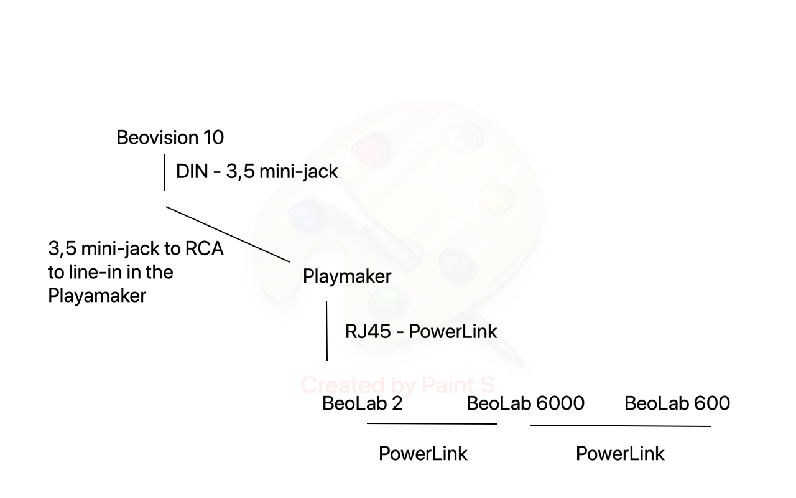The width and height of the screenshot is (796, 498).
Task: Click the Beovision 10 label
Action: click(170, 138)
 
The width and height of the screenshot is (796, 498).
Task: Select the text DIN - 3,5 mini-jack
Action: click(257, 171)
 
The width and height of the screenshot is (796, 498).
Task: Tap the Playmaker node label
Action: click(347, 276)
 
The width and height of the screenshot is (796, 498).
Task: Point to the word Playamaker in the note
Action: click(97, 295)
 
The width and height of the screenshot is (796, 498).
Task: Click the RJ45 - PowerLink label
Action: click(421, 332)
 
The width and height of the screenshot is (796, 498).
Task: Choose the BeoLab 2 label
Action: click(363, 403)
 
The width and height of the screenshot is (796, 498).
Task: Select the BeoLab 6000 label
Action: click(525, 403)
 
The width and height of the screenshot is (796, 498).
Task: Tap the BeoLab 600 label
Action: click(677, 403)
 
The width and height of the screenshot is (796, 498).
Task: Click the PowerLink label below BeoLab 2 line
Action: click(423, 454)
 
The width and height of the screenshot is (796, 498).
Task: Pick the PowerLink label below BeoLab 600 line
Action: click(620, 454)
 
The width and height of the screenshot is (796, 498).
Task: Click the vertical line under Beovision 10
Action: click(165, 172)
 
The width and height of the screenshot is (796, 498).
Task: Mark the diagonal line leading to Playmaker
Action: click(228, 235)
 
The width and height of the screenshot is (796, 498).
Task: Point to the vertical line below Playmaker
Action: click(327, 331)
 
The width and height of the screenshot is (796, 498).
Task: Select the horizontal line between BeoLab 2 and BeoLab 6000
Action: click(432, 424)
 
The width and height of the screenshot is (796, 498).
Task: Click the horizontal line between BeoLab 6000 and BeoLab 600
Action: click(621, 425)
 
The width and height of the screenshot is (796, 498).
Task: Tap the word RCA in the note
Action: click(205, 248)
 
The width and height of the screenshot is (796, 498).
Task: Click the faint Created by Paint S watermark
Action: click(397, 385)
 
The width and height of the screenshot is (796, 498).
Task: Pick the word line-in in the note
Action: click(96, 272)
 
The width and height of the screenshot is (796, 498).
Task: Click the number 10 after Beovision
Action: click(213, 138)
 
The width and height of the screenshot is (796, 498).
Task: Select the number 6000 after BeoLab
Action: click(560, 403)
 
